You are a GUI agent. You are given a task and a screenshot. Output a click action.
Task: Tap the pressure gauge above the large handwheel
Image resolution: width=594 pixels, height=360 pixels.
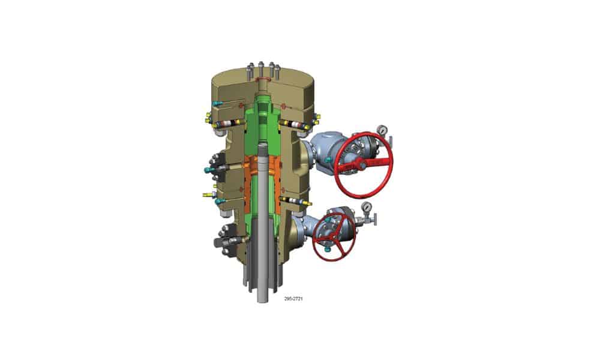coord(382,130)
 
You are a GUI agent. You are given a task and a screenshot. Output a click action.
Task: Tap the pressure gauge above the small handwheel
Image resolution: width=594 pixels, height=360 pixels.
coord(365,208)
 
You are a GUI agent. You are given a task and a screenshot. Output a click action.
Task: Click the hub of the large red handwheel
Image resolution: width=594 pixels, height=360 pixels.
coord(358,163)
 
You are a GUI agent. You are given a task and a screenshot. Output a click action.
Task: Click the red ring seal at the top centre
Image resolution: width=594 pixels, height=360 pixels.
coord(263,79)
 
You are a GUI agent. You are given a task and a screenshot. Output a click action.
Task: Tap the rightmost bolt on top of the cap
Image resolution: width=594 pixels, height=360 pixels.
coord(278,67)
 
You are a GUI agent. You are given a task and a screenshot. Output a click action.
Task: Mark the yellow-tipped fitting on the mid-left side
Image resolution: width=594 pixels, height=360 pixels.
coord(206,195)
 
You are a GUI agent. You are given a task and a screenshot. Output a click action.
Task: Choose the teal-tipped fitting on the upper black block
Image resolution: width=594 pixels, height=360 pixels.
coord(208,170)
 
